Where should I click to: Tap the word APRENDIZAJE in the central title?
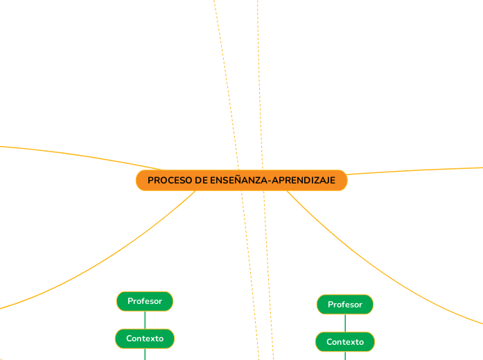coord(304,181)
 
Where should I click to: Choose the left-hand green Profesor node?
coord(145,301)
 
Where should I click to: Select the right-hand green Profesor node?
coord(345,305)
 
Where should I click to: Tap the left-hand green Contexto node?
coord(145,339)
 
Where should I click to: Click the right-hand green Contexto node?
coord(345,342)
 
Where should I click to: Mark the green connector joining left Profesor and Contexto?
coord(145,320)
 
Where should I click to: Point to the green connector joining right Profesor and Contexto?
coord(345,323)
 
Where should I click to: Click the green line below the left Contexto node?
coord(145,354)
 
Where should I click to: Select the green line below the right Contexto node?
coord(345,356)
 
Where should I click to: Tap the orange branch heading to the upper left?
coord(69,153)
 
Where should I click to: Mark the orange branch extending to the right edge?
coord(416,170)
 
